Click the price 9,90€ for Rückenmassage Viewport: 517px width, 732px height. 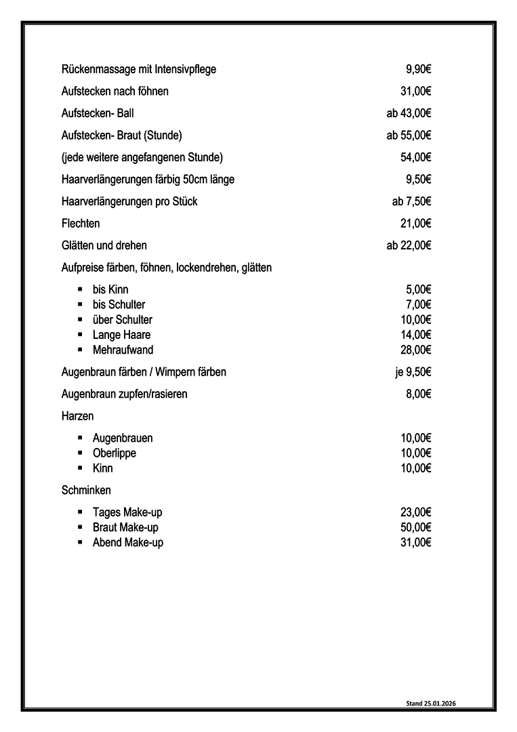pos(419,69)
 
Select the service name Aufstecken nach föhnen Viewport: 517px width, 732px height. pos(115,91)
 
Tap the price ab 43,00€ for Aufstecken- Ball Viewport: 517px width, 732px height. pos(409,113)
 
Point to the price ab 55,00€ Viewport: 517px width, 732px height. pos(409,135)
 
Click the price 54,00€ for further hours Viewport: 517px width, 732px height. pos(416,157)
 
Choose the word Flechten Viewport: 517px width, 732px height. pos(80,223)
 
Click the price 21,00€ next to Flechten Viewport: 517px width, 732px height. pos(416,223)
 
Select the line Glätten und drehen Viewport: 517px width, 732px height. pos(104,245)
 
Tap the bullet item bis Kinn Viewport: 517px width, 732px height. pos(110,289)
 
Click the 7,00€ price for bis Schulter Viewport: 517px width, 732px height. pos(419,304)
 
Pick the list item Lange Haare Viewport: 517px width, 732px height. pos(122,335)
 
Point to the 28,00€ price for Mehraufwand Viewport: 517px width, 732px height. pos(416,350)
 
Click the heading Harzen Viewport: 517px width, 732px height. pos(77,416)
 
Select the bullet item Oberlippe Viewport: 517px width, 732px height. pos(115,453)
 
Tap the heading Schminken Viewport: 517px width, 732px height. pos(86,489)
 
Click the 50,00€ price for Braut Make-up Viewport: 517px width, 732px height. pos(416,527)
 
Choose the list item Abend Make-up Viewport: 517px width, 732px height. pos(128,542)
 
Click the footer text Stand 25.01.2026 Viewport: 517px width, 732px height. pos(431,704)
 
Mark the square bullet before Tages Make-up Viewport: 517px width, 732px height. pos(80,512)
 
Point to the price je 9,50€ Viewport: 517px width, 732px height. pos(413,371)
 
